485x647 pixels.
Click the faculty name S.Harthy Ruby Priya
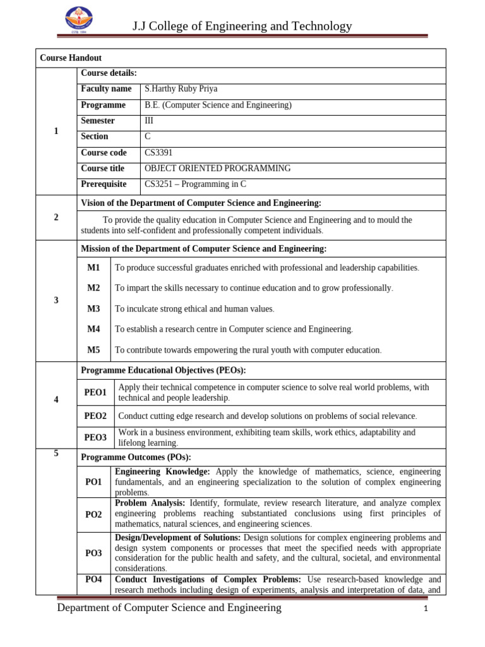tap(181, 89)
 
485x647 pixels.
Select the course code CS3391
tap(158, 153)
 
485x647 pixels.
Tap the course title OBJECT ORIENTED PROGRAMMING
tap(217, 169)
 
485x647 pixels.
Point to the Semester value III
tap(149, 121)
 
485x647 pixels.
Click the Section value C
tap(148, 136)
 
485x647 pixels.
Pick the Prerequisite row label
tap(104, 184)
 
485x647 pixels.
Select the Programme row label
tap(103, 105)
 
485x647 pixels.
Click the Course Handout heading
tap(71, 57)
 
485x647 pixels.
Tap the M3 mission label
tap(93, 309)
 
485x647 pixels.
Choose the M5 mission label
tap(93, 350)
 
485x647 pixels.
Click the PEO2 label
tap(95, 416)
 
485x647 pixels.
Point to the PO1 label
tap(93, 482)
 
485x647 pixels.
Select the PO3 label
tap(93, 553)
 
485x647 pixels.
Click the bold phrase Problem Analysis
tap(149, 503)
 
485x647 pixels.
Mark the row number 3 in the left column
tap(56, 301)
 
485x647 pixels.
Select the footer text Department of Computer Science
tap(169, 608)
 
